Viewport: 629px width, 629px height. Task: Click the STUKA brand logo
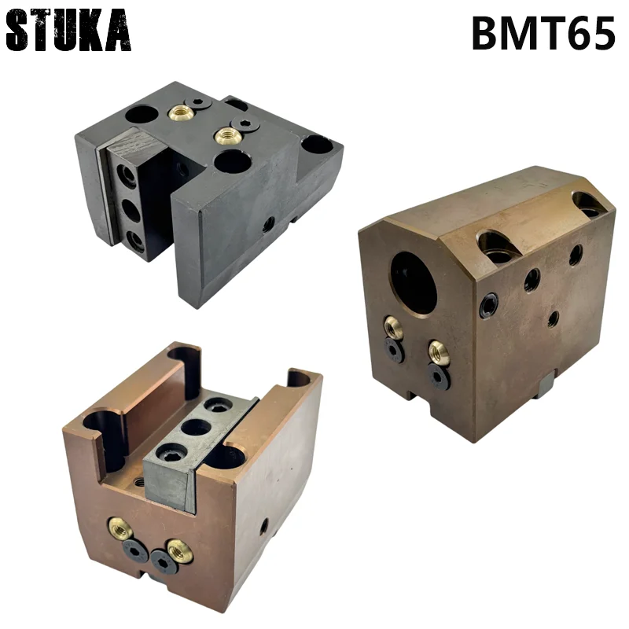pyautogui.click(x=68, y=31)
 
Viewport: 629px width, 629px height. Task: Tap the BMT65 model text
pyautogui.click(x=543, y=33)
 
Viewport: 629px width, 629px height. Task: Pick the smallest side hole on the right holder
pyautogui.click(x=554, y=318)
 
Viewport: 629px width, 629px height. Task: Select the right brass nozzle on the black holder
pyautogui.click(x=228, y=135)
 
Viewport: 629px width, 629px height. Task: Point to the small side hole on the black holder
pyautogui.click(x=269, y=224)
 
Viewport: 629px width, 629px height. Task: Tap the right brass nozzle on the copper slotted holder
pyautogui.click(x=179, y=551)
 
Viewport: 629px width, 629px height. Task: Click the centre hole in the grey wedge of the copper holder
pyautogui.click(x=193, y=427)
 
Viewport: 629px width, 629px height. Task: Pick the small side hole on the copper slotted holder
pyautogui.click(x=263, y=526)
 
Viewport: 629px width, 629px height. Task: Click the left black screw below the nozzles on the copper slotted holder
pyautogui.click(x=138, y=552)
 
